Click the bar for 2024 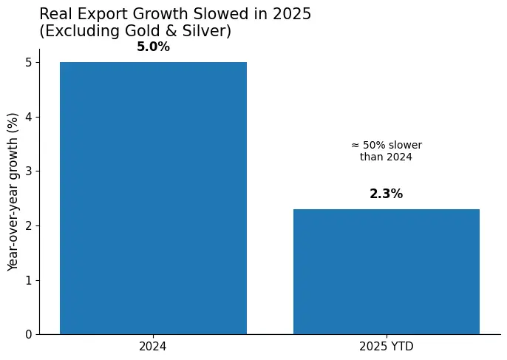[x=153, y=198]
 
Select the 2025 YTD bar [x=387, y=271]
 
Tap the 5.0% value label [x=153, y=47]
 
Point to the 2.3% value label [x=387, y=194]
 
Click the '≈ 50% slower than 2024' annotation [x=386, y=151]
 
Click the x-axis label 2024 [x=153, y=346]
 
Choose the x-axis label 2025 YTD [x=387, y=346]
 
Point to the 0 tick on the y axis [x=28, y=335]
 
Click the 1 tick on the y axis [x=28, y=280]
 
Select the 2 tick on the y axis [x=28, y=225]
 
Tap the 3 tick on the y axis [x=28, y=171]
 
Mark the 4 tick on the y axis [x=28, y=117]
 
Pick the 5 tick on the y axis [x=28, y=63]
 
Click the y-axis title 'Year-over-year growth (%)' [x=13, y=191]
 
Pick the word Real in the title [x=55, y=14]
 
